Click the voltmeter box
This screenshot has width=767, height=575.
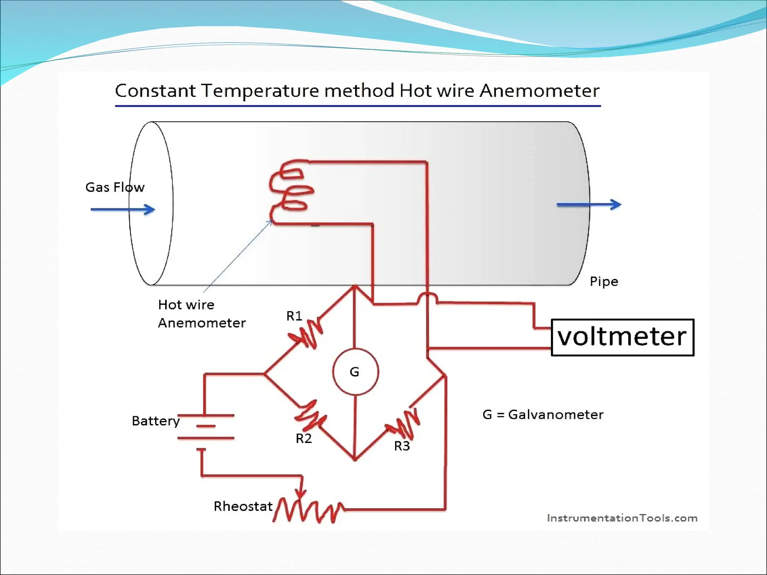coord(622,337)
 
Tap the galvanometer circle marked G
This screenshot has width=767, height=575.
coord(355,372)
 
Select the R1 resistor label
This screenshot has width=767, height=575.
coord(294,316)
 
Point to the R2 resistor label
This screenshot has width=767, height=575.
coord(303,438)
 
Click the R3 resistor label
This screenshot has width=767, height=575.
coord(402,446)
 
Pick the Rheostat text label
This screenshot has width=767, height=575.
coord(243,506)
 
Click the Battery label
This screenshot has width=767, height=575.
coord(155,421)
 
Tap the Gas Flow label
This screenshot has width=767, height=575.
coord(115,187)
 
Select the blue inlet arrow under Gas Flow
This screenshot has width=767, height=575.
coord(123,209)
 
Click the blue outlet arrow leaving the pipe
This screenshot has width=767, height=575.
coord(589,204)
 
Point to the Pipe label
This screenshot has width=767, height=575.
coord(604,282)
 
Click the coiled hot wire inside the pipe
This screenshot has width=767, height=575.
coord(290,191)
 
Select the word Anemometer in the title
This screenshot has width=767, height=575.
coord(539,91)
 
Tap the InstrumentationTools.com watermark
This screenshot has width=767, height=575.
coord(622,518)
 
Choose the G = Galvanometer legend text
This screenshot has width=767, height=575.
coord(543,414)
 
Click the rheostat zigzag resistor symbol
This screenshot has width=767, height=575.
coord(308,510)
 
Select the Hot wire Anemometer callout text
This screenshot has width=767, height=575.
coord(201,314)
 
